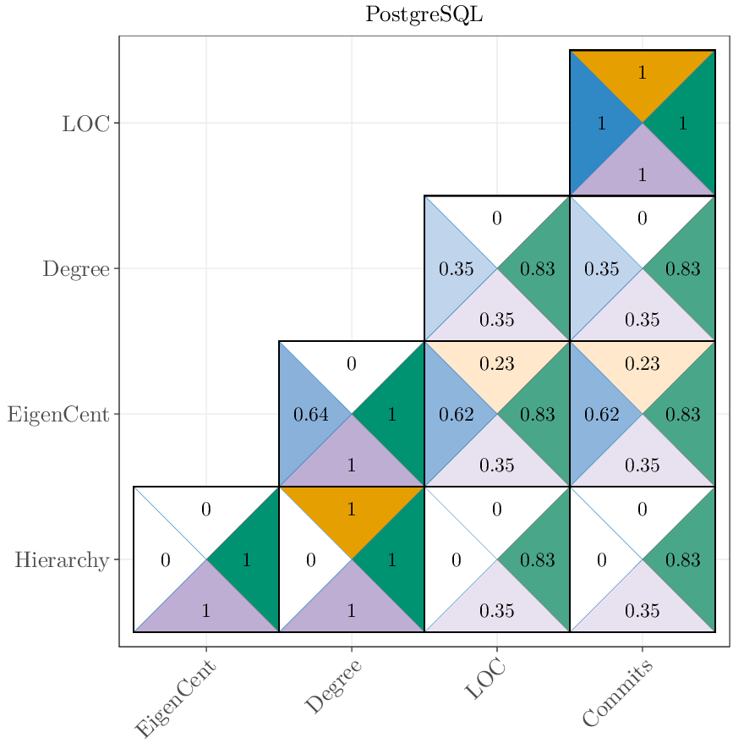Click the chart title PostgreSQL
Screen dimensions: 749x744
424,15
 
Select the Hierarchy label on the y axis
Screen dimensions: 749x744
61,560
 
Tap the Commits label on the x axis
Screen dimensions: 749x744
618,694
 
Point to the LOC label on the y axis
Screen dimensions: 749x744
85,124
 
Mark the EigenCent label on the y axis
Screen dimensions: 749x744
58,415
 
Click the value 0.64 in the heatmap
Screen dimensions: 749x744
310,415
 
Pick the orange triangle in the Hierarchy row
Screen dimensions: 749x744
351,510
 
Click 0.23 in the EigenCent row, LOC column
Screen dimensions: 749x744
496,364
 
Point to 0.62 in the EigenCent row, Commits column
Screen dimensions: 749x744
601,415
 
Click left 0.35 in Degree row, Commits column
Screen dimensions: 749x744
601,270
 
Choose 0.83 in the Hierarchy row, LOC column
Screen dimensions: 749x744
537,560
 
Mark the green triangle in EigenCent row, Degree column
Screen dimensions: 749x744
391,415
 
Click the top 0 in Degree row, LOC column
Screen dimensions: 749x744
496,219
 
